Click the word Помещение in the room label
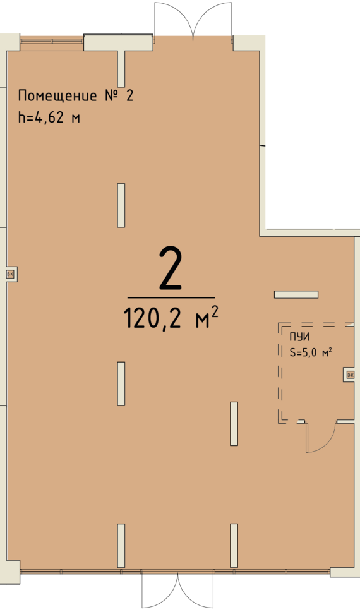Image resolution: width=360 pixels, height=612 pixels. [57, 96]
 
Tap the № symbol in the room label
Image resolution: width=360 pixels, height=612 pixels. [111, 95]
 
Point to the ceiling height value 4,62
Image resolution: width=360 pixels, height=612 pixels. [50, 117]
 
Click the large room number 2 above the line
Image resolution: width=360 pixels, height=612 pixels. [171, 269]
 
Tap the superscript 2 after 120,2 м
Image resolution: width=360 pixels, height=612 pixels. [214, 311]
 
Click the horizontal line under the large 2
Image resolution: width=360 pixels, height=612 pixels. [171, 297]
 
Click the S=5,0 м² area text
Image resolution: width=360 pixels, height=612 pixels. [311, 353]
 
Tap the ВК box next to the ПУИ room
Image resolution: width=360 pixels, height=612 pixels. [350, 375]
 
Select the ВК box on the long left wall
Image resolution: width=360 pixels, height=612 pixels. [11, 274]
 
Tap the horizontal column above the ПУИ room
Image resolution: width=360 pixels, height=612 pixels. [296, 295]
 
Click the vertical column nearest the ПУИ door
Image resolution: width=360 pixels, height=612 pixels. [234, 424]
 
